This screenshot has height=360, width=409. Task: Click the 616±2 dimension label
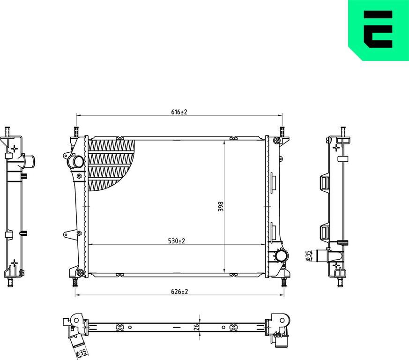pos(179,112)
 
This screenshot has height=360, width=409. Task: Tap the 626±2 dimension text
pos(179,292)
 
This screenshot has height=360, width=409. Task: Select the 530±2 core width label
pos(176,241)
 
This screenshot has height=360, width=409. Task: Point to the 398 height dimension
pos(221,206)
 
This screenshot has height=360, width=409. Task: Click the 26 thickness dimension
pos(197,327)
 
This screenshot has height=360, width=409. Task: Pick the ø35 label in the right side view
pos(308,255)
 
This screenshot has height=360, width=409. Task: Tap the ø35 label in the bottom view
pos(81,353)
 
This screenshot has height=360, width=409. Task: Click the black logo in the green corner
pos(378,29)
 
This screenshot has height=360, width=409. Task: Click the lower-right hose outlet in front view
pos(282,255)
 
